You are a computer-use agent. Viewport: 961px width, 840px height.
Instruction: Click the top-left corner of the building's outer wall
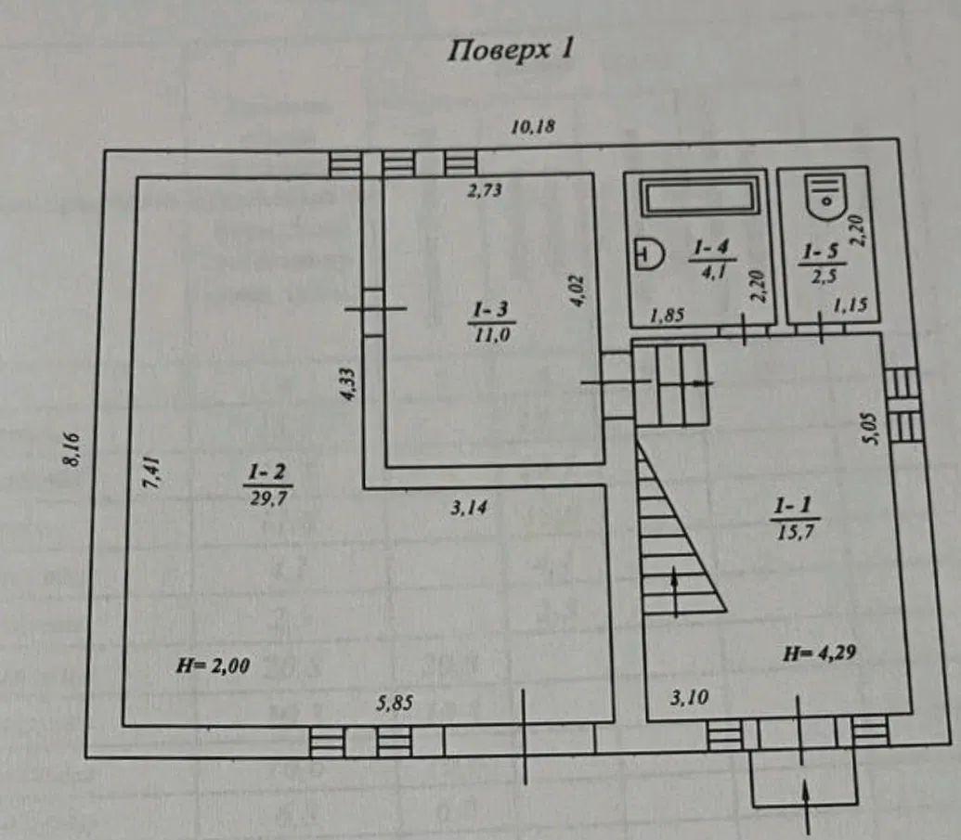[104, 151]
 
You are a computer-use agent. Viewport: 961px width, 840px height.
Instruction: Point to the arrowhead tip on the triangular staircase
[675, 567]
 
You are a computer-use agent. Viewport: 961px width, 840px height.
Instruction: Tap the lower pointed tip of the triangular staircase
[727, 612]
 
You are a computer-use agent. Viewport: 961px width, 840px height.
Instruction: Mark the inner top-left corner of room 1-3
[383, 177]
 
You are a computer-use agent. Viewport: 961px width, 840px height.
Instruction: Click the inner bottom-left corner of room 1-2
[123, 726]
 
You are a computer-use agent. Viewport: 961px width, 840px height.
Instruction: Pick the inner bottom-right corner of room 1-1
[912, 714]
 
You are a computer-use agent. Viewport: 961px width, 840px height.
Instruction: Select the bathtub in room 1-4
[698, 196]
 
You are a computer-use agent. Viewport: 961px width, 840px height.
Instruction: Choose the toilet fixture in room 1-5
[825, 195]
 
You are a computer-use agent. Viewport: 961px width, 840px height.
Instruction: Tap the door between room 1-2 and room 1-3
[374, 309]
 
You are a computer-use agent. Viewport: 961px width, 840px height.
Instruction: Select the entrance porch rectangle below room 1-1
[805, 776]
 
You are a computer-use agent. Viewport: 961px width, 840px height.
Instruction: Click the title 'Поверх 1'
[510, 49]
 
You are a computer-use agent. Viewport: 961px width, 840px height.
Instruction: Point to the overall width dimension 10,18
[533, 127]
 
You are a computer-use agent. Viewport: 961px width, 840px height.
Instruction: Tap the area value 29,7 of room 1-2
[267, 498]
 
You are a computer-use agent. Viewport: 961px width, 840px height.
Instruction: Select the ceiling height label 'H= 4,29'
[820, 653]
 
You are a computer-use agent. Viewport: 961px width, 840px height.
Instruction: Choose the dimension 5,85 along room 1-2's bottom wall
[394, 702]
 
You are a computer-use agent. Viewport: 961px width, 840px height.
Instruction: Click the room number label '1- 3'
[491, 309]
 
